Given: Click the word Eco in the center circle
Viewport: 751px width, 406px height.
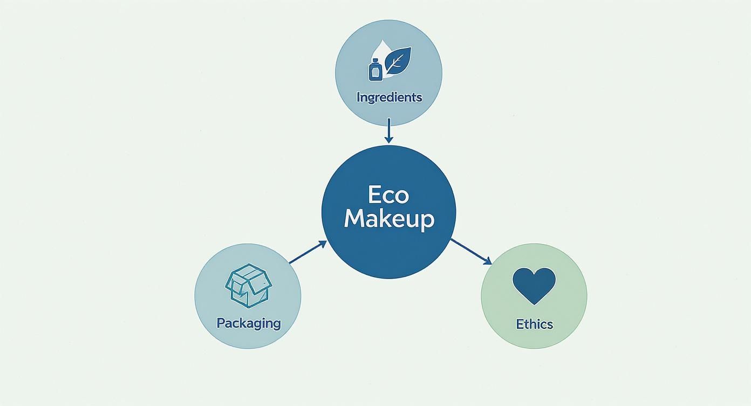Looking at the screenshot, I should coord(388,194).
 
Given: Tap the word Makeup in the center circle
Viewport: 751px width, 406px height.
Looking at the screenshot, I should coord(388,219).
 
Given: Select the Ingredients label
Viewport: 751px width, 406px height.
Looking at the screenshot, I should coord(389,97).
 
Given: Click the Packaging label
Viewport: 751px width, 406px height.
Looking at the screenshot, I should coord(249,323).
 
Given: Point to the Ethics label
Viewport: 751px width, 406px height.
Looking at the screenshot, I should coord(534,324).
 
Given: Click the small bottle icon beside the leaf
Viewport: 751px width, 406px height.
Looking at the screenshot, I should coord(375,69).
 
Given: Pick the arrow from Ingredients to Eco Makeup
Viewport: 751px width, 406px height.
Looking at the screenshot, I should coord(388,130).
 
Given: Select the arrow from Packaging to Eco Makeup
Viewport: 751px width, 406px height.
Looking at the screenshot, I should coord(308,253).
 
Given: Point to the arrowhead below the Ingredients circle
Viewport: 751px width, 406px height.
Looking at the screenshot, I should coord(388,139).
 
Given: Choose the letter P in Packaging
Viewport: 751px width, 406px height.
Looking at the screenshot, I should coord(221,323).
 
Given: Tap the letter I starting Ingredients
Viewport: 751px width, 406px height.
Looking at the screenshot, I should coord(358,97).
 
